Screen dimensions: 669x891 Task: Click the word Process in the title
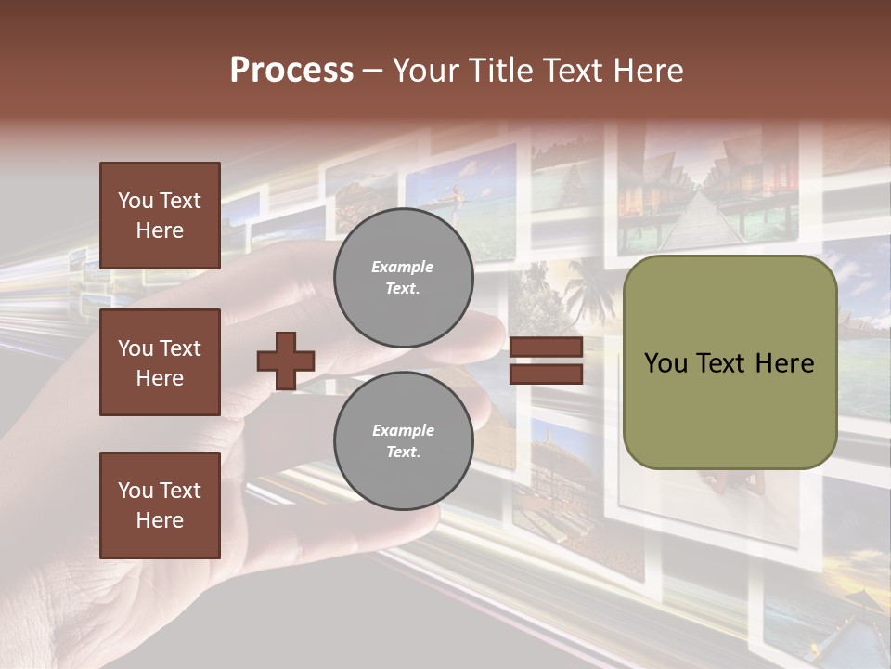(x=291, y=71)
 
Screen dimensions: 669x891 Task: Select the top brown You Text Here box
(x=160, y=216)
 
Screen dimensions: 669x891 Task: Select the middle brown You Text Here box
(x=160, y=362)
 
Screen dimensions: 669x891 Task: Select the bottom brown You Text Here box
(x=160, y=505)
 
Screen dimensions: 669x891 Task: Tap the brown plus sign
(x=286, y=361)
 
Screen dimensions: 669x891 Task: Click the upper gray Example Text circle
(x=403, y=278)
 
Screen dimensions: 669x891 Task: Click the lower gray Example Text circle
(x=403, y=441)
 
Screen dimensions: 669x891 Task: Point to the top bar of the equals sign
(x=547, y=348)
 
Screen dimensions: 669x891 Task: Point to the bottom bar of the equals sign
(x=547, y=374)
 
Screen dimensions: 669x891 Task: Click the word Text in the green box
(x=729, y=363)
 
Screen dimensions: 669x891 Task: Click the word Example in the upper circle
(x=403, y=267)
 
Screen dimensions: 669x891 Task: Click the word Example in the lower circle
(x=403, y=430)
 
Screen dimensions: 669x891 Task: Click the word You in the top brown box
(x=134, y=201)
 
